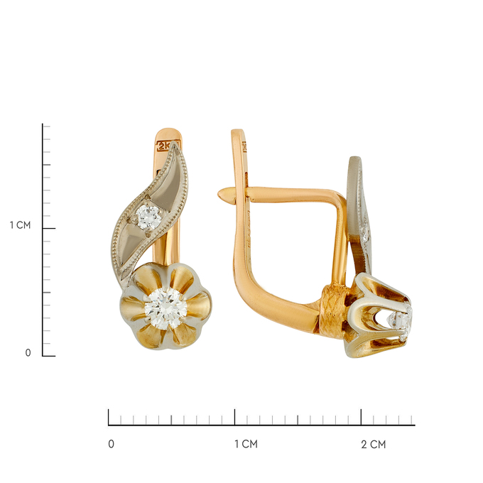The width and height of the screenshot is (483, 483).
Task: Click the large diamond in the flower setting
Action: click(x=165, y=309)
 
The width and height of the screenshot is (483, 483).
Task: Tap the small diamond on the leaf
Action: click(x=148, y=217)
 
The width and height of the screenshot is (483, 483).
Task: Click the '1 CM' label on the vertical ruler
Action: click(x=21, y=225)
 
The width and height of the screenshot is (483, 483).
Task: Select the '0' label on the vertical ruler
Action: click(x=28, y=353)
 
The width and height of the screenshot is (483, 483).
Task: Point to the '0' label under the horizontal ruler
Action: click(x=112, y=444)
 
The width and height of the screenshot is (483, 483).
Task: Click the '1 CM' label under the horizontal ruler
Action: click(x=246, y=444)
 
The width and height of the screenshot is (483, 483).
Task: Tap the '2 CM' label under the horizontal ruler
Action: click(x=374, y=444)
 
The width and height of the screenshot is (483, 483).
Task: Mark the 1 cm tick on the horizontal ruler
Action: click(x=234, y=417)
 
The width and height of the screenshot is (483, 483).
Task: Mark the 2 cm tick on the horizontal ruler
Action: click(x=361, y=417)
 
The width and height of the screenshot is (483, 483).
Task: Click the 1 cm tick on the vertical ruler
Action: click(x=49, y=228)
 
